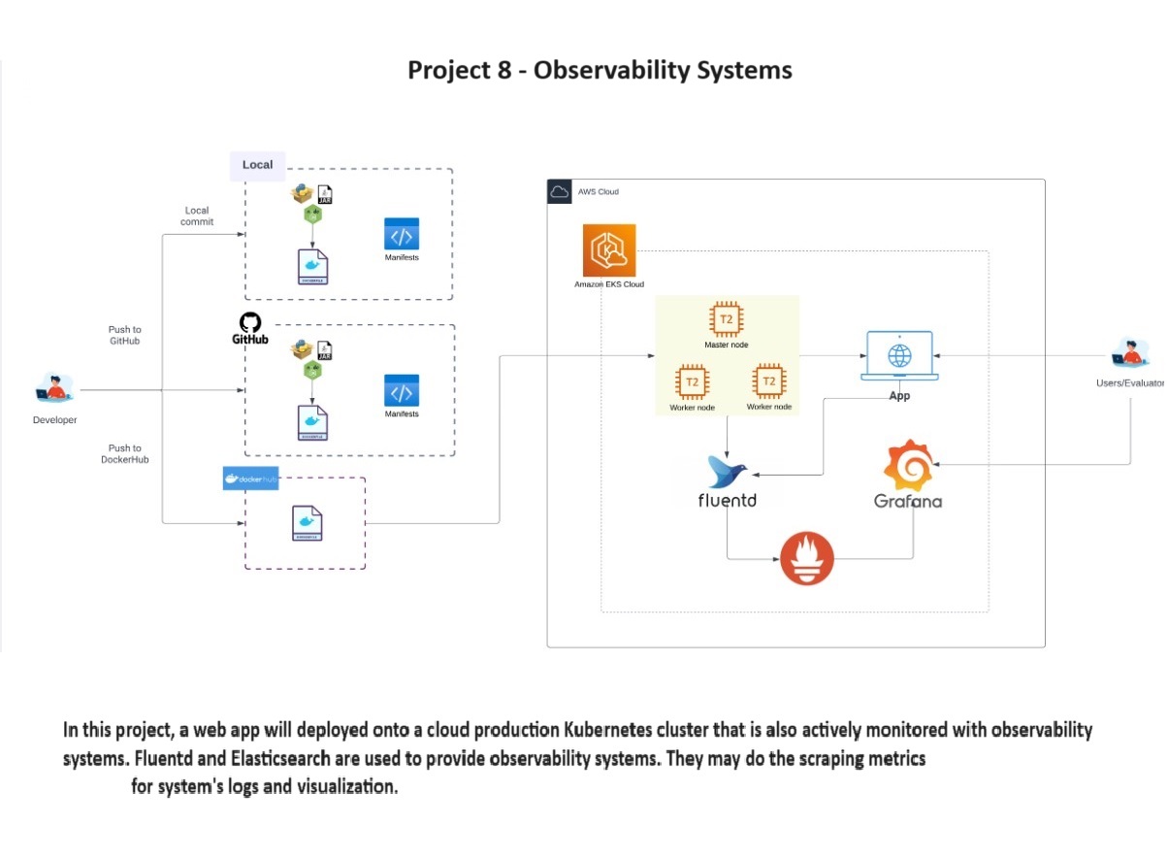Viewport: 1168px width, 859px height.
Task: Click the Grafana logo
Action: (x=909, y=466)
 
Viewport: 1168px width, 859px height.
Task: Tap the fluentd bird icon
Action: (x=728, y=473)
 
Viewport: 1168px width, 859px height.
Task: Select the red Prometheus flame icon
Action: (x=806, y=559)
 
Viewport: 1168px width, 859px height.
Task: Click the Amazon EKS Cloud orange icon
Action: (x=609, y=250)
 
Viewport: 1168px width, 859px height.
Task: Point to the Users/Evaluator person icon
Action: (x=1129, y=354)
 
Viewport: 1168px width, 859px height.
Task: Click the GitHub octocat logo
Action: (x=249, y=323)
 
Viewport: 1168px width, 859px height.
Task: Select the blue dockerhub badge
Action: (x=250, y=479)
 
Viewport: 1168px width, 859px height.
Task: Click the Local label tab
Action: (x=257, y=165)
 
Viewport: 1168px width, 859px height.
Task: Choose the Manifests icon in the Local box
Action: (x=402, y=235)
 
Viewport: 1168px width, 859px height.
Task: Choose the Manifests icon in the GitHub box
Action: (x=402, y=391)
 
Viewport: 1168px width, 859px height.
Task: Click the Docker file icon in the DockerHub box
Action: (x=307, y=523)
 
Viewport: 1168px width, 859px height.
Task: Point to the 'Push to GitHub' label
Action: (x=124, y=336)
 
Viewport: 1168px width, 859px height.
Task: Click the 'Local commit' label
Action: (x=197, y=215)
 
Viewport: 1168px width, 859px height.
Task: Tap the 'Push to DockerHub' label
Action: (x=124, y=453)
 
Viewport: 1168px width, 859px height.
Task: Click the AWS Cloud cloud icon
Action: (x=560, y=191)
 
